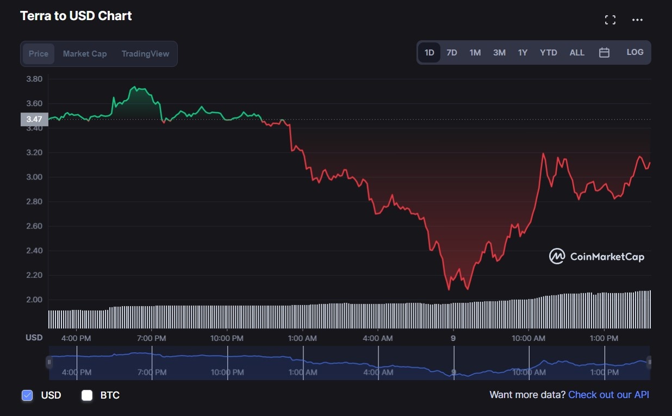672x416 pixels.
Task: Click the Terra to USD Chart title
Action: [76, 16]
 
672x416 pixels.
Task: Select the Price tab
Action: [39, 54]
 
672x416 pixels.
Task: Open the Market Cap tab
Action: [85, 54]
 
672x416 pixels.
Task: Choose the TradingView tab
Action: [145, 54]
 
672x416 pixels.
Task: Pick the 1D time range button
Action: [429, 53]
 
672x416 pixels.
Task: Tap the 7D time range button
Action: [452, 53]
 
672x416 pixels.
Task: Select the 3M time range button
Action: [499, 53]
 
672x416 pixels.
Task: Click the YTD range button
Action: [548, 53]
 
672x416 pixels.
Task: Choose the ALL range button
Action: [577, 53]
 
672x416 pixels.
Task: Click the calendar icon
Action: [604, 53]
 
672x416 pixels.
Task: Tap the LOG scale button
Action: [634, 52]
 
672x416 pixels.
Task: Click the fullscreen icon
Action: [610, 20]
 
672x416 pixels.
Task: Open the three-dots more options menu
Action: [637, 20]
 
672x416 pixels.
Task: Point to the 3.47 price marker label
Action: [34, 119]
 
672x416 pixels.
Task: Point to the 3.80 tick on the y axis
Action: [34, 79]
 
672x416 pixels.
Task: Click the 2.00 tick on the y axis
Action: [34, 300]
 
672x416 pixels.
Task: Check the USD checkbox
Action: [27, 395]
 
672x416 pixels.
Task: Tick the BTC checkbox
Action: [87, 395]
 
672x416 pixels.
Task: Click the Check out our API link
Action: [608, 395]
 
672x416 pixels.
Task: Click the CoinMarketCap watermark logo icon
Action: [557, 256]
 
